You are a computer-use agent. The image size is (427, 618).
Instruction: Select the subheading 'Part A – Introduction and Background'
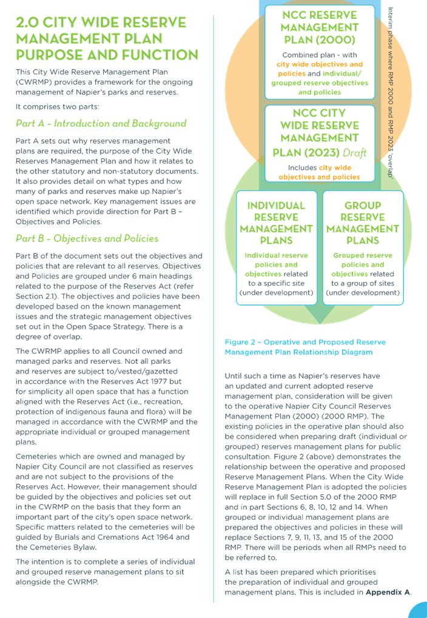click(x=101, y=123)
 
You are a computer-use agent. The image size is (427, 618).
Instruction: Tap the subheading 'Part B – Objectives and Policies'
click(x=87, y=238)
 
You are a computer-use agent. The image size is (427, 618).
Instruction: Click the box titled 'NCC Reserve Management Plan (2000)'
click(x=320, y=52)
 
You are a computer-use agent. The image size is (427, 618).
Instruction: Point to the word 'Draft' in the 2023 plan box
click(x=354, y=153)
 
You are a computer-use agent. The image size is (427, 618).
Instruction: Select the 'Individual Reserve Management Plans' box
click(x=277, y=248)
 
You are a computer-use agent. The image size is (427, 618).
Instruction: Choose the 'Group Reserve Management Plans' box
click(x=363, y=248)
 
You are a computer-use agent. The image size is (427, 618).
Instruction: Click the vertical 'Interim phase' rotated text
click(x=391, y=92)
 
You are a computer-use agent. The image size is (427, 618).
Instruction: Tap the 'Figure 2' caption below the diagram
click(x=305, y=348)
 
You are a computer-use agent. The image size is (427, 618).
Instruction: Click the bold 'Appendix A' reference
click(x=388, y=592)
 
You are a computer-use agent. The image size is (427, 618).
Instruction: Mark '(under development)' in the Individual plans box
click(x=277, y=293)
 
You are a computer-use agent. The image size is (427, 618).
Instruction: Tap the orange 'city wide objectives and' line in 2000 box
click(x=320, y=64)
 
